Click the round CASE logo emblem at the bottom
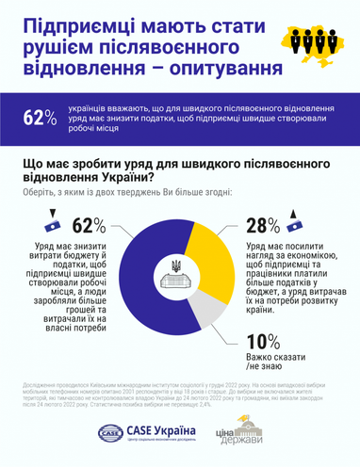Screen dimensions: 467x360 coord(110,433)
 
